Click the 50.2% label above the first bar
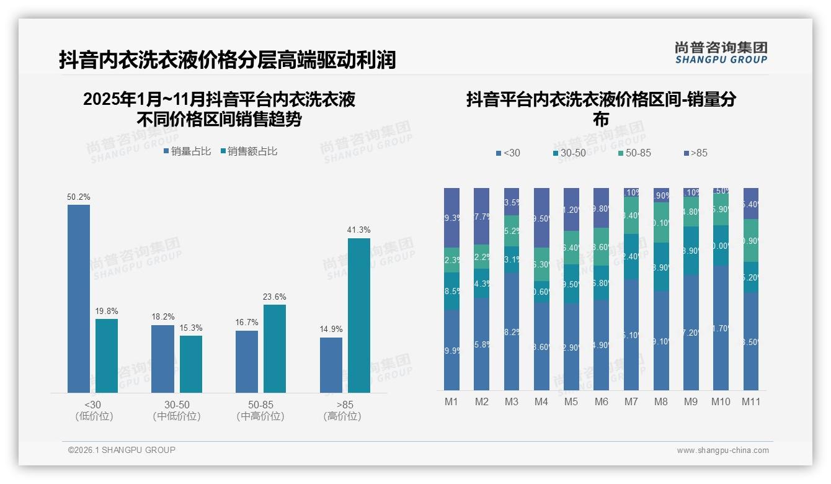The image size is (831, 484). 79,197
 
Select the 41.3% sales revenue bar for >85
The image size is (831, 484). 359,315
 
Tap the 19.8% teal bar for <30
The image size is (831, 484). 107,356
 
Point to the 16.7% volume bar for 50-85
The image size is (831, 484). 247,361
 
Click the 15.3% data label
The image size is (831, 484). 191,328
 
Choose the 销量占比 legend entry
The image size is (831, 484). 187,151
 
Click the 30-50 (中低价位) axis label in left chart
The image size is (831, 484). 177,410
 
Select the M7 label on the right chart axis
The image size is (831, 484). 631,401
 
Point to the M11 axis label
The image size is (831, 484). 752,401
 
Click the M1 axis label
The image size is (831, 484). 451,401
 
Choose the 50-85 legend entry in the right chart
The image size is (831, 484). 634,153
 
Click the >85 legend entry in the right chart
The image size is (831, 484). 695,153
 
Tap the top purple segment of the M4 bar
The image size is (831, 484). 541,217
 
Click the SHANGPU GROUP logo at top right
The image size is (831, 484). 721,52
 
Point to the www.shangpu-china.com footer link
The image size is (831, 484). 722,450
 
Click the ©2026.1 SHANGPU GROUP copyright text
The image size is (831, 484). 122,450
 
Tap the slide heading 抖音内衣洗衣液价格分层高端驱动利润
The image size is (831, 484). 227,60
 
